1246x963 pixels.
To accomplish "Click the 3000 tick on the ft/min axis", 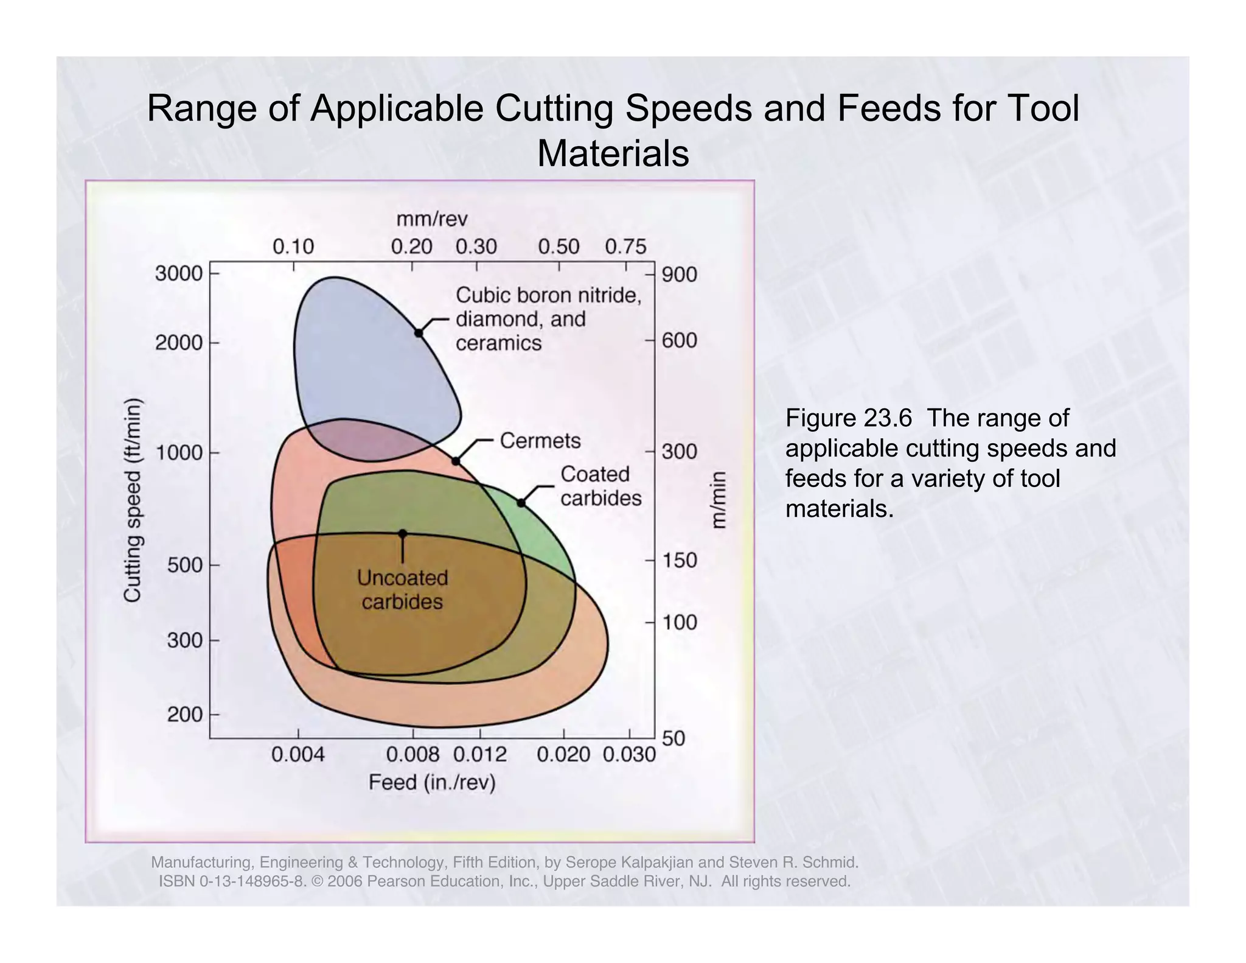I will point(178,274).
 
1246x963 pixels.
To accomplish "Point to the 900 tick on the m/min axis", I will point(679,275).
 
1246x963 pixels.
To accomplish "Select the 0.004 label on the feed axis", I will point(298,755).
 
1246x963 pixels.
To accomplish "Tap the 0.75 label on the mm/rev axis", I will point(625,247).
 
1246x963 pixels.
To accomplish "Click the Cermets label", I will point(540,440).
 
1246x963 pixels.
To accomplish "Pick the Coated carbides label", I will point(600,486).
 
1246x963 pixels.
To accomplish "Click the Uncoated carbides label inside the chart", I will point(402,589).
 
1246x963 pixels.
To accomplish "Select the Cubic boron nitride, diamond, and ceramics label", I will point(548,319).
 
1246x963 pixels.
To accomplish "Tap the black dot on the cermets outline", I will point(456,461).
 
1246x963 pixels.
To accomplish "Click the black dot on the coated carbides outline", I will point(521,503).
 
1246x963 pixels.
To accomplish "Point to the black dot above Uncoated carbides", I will point(402,533).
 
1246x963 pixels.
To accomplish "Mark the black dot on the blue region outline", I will point(419,333).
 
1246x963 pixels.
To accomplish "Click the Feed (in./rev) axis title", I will point(432,782).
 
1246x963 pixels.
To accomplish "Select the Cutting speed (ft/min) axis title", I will point(133,500).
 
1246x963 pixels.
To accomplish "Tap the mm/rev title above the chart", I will point(432,219).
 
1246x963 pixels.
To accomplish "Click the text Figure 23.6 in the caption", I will point(848,418).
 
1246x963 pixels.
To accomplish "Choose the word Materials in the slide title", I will point(613,153).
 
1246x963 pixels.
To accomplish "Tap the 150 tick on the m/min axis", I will point(679,560).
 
